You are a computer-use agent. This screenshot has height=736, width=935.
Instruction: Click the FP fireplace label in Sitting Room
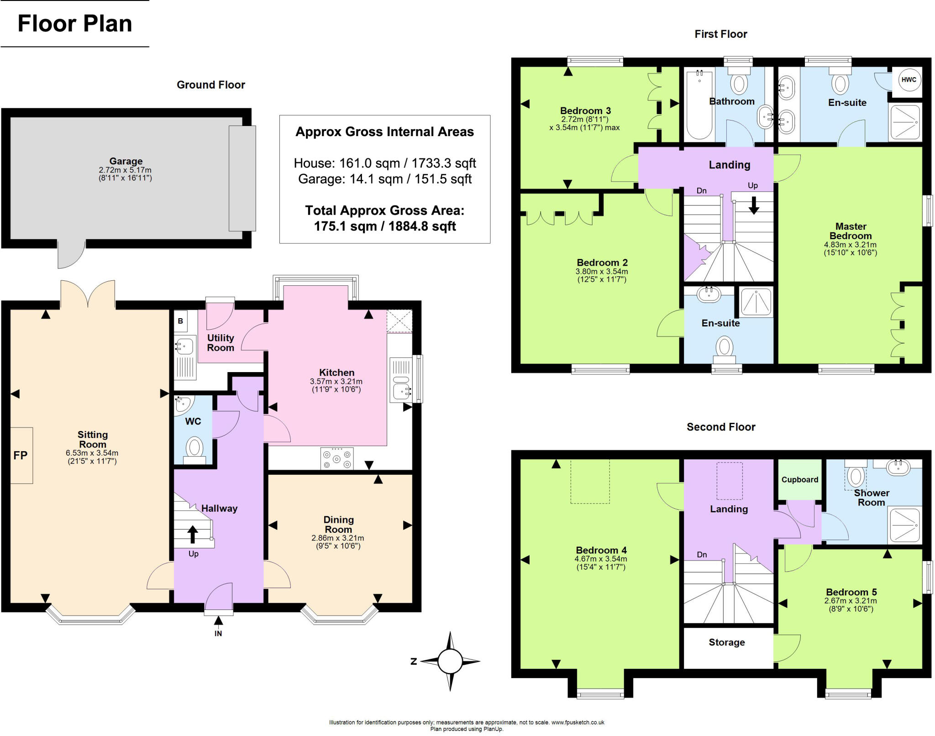pos(21,455)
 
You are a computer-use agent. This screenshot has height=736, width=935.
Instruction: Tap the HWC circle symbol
pos(909,79)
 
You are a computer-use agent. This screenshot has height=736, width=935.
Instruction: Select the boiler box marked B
pos(180,321)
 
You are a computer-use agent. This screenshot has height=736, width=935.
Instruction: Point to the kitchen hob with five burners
pos(337,458)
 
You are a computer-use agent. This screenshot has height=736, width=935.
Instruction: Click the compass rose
pos(450,661)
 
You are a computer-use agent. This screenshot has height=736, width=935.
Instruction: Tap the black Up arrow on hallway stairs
pos(193,534)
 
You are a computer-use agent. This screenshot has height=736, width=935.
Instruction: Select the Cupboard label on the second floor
pos(799,479)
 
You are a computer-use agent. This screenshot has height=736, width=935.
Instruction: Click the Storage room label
pos(726,642)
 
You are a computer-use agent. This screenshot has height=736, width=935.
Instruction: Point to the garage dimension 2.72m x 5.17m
pos(125,170)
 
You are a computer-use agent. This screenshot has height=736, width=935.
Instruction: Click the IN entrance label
pos(218,633)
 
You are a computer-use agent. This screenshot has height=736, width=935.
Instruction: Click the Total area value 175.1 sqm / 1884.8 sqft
pos(384,226)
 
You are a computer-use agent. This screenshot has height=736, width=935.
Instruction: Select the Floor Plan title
pos(75,23)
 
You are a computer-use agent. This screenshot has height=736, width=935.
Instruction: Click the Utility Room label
pos(221,342)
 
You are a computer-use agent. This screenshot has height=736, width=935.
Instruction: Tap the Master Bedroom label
pos(851,231)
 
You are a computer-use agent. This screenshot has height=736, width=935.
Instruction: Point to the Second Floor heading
pos(721,427)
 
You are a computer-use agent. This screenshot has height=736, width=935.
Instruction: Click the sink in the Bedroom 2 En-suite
pos(709,294)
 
